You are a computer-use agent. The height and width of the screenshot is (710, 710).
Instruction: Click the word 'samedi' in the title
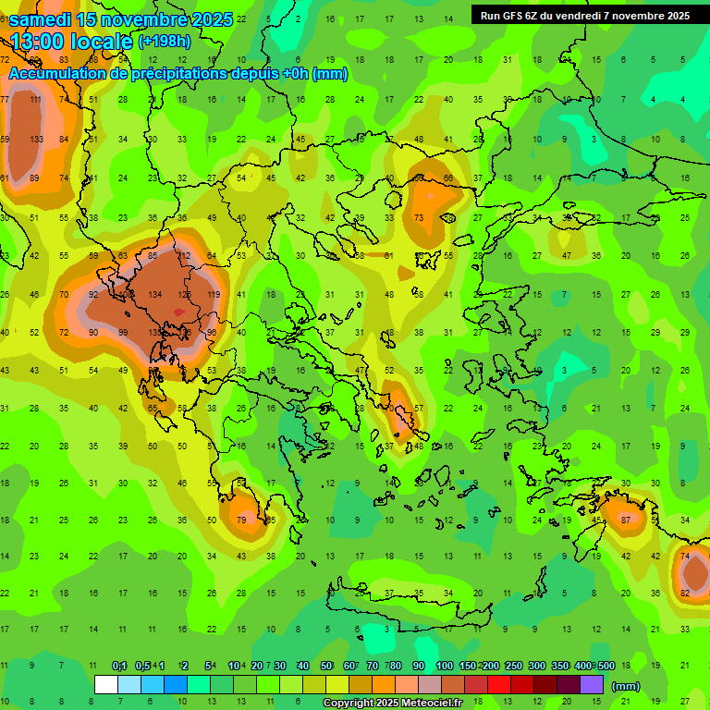click(42, 19)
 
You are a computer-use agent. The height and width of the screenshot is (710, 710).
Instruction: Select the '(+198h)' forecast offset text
click(165, 42)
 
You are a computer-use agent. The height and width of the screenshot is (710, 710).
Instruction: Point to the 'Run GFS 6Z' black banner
click(584, 15)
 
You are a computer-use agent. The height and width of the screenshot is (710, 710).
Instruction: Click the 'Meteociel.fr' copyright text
click(435, 704)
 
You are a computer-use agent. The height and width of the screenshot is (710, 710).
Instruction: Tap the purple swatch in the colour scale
click(592, 685)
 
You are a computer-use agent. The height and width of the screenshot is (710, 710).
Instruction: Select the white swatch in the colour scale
click(106, 685)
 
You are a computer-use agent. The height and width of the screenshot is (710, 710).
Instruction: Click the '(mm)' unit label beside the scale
click(626, 686)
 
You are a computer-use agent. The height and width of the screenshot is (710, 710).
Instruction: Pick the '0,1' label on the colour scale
click(119, 667)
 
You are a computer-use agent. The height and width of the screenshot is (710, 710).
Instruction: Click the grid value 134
click(154, 294)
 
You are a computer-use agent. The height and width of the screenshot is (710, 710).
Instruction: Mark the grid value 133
click(36, 139)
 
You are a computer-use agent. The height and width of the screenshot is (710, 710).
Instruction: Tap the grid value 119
click(214, 294)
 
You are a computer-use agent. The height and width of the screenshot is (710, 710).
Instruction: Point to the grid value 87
click(626, 520)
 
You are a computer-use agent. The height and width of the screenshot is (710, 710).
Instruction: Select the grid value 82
click(685, 593)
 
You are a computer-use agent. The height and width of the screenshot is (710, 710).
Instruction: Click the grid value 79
click(241, 520)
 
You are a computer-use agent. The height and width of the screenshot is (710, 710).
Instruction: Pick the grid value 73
click(419, 218)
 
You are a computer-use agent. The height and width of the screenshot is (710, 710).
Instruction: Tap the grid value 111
click(36, 100)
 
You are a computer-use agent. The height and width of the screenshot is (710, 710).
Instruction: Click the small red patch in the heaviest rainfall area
click(178, 313)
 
